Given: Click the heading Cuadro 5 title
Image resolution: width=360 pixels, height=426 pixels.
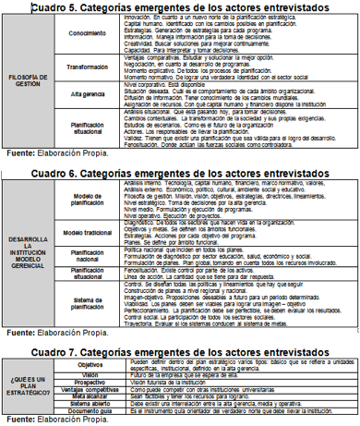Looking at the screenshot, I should (x=180, y=7).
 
